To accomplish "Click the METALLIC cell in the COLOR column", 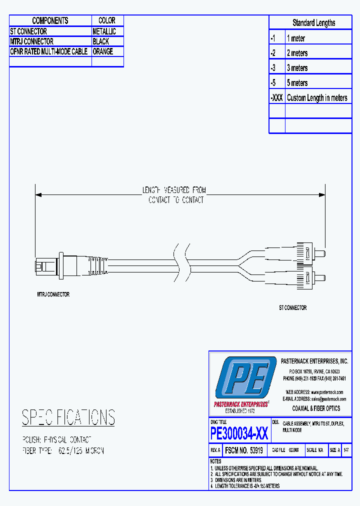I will tap(104, 31).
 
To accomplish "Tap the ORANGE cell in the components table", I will tap(102, 51).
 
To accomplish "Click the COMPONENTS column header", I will tap(50, 20).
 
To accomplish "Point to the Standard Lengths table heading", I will tap(313, 23).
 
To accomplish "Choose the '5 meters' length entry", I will tap(297, 83).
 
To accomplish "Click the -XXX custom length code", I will tap(277, 98).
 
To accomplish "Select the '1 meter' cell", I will tap(295, 38).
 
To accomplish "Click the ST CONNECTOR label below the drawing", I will tap(292, 308).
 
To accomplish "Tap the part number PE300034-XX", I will tap(239, 433).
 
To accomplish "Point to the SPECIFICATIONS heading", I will tap(68, 417).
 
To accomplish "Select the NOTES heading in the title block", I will tap(215, 461).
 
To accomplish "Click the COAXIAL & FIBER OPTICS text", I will tap(316, 408).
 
